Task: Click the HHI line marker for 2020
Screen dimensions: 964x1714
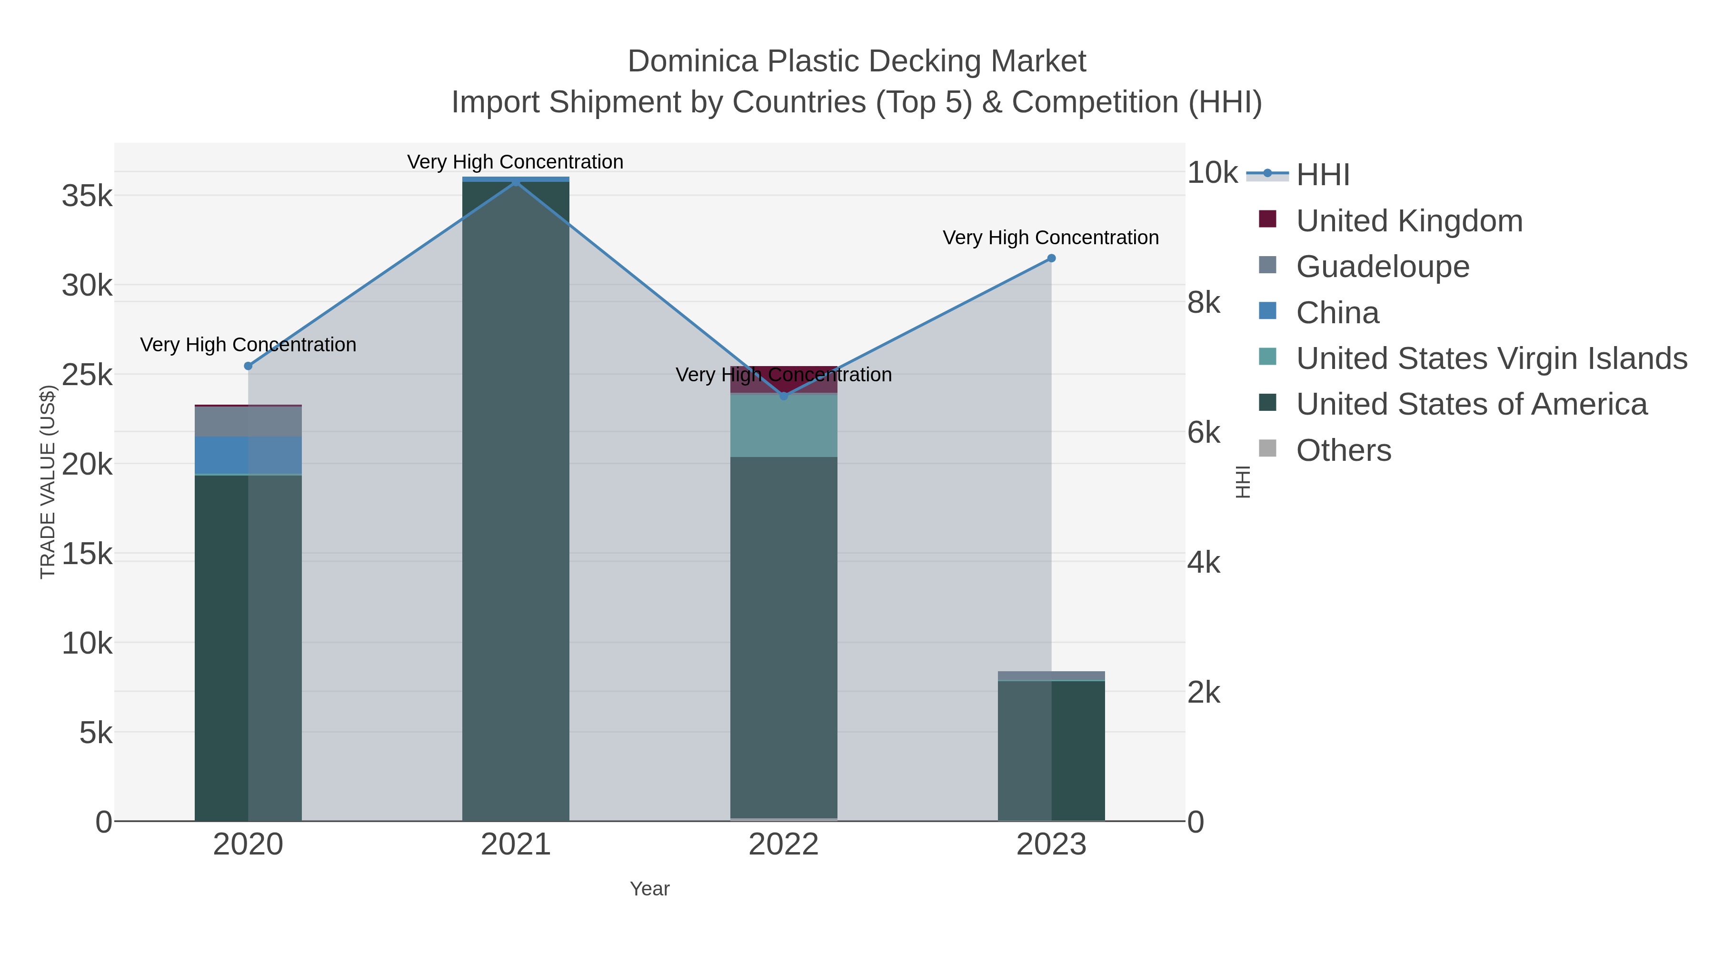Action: click(x=248, y=366)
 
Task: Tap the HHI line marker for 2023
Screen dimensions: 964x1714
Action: click(x=1051, y=258)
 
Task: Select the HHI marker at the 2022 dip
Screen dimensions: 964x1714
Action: click(x=783, y=396)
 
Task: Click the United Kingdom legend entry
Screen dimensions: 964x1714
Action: click(x=1409, y=221)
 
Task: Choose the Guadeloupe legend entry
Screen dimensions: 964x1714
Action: click(x=1382, y=267)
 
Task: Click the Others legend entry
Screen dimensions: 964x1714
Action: click(x=1343, y=450)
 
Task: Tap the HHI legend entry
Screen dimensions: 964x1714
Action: click(x=1322, y=175)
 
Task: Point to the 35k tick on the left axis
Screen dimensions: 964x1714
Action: click(x=87, y=196)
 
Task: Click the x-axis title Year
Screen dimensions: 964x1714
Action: click(x=649, y=889)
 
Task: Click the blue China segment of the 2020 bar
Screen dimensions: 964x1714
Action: click(x=248, y=455)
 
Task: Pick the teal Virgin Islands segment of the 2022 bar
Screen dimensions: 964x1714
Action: click(x=783, y=426)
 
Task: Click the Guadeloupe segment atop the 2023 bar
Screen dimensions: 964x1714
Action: click(x=1051, y=676)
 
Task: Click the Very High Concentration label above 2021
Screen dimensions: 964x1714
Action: click(x=515, y=162)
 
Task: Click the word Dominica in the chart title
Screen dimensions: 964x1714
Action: click(x=692, y=61)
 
